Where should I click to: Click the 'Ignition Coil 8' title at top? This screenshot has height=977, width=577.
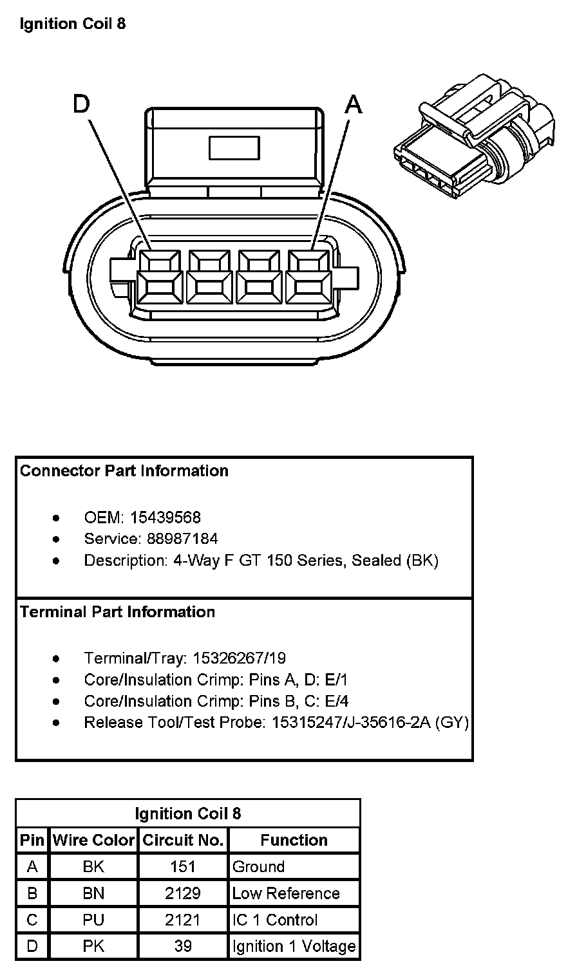click(73, 24)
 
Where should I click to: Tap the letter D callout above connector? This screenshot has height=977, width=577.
click(81, 104)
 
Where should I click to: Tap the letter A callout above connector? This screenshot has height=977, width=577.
click(354, 104)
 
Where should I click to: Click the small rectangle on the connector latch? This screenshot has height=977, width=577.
click(234, 147)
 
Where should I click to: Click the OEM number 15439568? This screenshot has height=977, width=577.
click(166, 517)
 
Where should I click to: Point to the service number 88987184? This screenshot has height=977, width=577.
click(183, 539)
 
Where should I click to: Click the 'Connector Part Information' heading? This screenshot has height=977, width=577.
click(124, 471)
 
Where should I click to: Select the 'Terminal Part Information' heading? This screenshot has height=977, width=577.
click(118, 612)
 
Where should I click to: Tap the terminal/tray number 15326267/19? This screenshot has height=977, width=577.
click(240, 658)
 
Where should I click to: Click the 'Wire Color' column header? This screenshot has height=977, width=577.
click(93, 841)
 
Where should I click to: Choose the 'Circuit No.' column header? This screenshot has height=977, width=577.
click(183, 841)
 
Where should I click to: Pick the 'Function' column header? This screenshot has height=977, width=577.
click(294, 841)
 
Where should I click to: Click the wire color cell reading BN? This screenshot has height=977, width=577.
click(93, 893)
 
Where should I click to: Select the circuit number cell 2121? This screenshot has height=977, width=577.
click(183, 920)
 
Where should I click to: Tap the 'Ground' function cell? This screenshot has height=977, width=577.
click(258, 867)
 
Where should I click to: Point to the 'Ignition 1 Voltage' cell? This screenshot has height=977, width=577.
click(294, 946)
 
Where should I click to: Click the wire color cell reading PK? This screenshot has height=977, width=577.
click(93, 946)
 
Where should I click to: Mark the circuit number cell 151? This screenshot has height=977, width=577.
click(183, 867)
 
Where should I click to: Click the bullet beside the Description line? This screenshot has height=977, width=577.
click(57, 561)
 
